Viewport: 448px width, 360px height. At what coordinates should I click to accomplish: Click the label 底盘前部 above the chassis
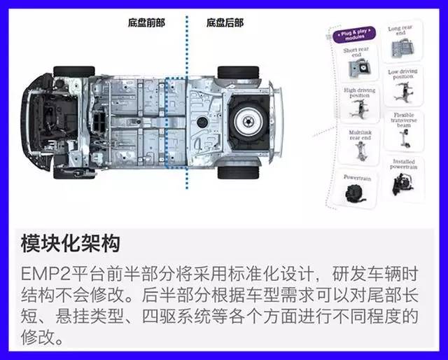click(x=146, y=23)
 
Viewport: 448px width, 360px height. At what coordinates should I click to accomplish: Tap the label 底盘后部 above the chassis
click(x=224, y=23)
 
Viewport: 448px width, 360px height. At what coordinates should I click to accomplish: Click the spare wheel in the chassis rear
click(x=246, y=121)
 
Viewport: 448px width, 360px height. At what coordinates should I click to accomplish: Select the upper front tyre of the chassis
click(x=73, y=71)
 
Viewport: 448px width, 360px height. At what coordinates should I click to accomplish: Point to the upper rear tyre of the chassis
click(x=238, y=71)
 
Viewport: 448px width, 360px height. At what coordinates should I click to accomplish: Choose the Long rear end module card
click(x=400, y=43)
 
